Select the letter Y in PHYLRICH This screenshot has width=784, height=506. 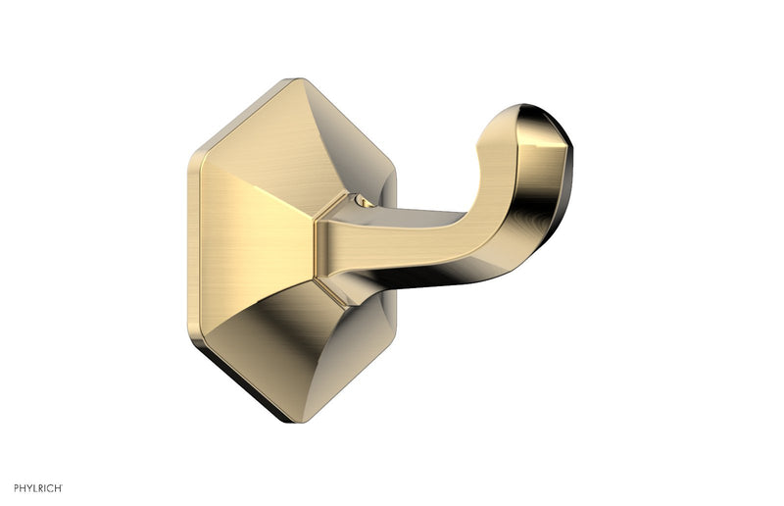point(22,487)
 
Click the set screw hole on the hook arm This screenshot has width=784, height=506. point(367,205)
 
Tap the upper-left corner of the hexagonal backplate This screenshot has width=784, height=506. point(187,155)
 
